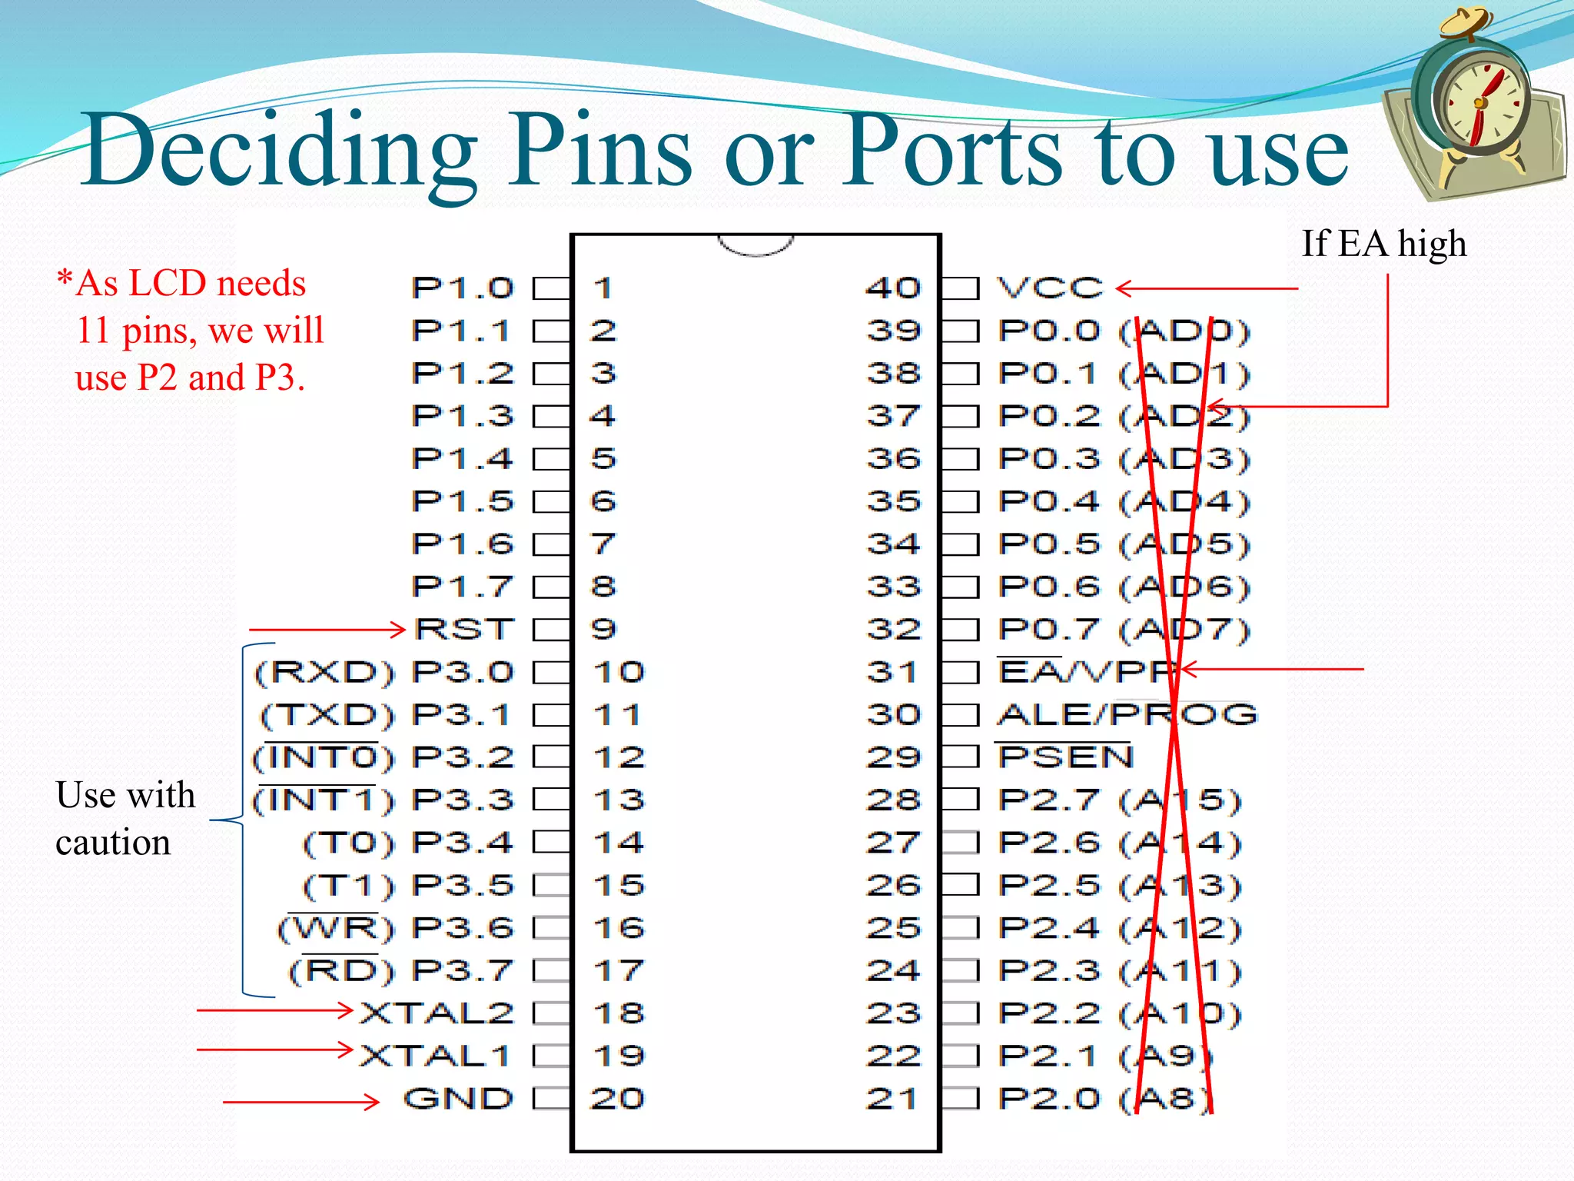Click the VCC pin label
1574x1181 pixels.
point(1050,288)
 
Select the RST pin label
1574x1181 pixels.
point(463,630)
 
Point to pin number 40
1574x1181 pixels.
point(893,288)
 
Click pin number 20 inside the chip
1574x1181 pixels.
point(617,1099)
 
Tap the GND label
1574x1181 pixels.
point(458,1099)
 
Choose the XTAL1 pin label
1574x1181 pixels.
point(435,1056)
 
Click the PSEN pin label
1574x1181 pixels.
point(1065,757)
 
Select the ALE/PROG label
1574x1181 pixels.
point(1127,714)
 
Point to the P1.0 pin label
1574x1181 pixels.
point(462,288)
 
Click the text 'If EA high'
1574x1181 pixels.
point(1383,244)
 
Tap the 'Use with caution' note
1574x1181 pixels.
point(125,818)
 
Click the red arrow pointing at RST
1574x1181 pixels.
point(327,630)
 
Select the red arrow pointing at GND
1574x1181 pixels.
point(301,1102)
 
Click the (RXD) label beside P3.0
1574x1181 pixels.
point(324,672)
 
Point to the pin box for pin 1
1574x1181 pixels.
point(552,288)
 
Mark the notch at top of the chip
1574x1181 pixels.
point(755,245)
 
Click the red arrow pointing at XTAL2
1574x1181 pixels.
point(274,1010)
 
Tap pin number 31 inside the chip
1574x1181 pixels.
point(893,672)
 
